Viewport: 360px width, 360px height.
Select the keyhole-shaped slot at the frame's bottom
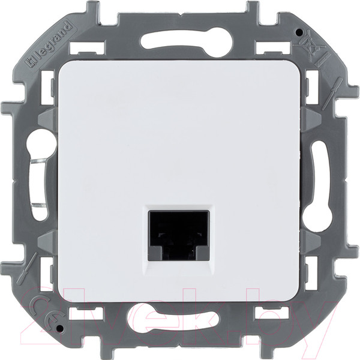180,316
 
